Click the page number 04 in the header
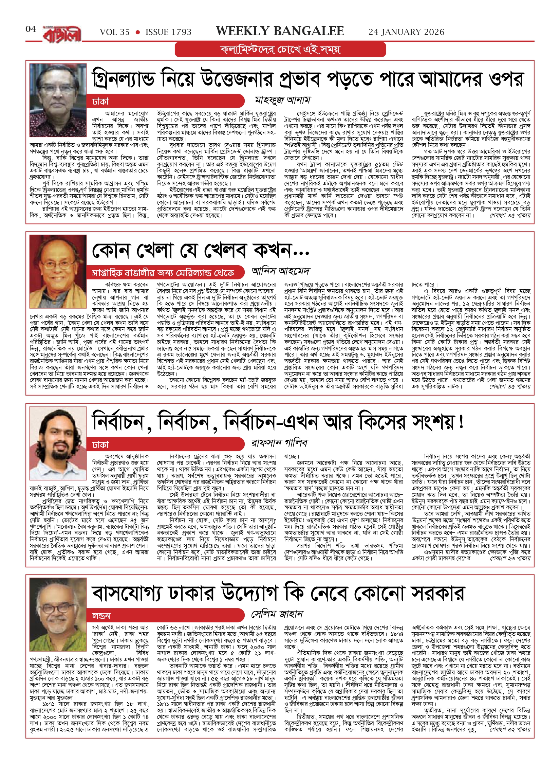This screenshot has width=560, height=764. [x=31, y=29]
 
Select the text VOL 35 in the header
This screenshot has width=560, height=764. [x=115, y=32]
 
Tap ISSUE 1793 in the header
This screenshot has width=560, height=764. [x=168, y=32]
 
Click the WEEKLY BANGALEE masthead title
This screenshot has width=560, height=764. [x=280, y=31]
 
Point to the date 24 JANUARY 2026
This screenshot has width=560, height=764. [x=406, y=32]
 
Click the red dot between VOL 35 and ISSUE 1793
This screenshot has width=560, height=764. [x=137, y=32]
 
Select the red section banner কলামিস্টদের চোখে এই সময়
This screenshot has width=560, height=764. [x=280, y=50]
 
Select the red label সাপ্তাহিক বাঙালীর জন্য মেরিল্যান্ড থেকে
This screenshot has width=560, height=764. [x=163, y=273]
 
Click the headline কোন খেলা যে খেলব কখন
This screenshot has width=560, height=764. [x=200, y=251]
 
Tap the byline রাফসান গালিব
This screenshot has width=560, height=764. [x=279, y=443]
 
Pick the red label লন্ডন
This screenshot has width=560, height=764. [x=101, y=616]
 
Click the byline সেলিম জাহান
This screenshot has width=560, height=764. [x=277, y=614]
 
